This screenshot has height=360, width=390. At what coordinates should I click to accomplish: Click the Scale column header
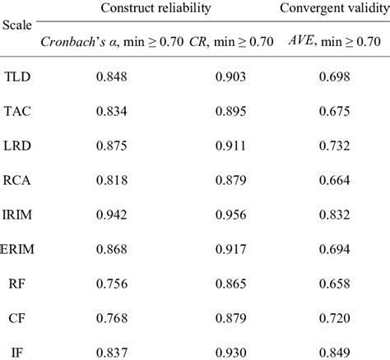[17, 25]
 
